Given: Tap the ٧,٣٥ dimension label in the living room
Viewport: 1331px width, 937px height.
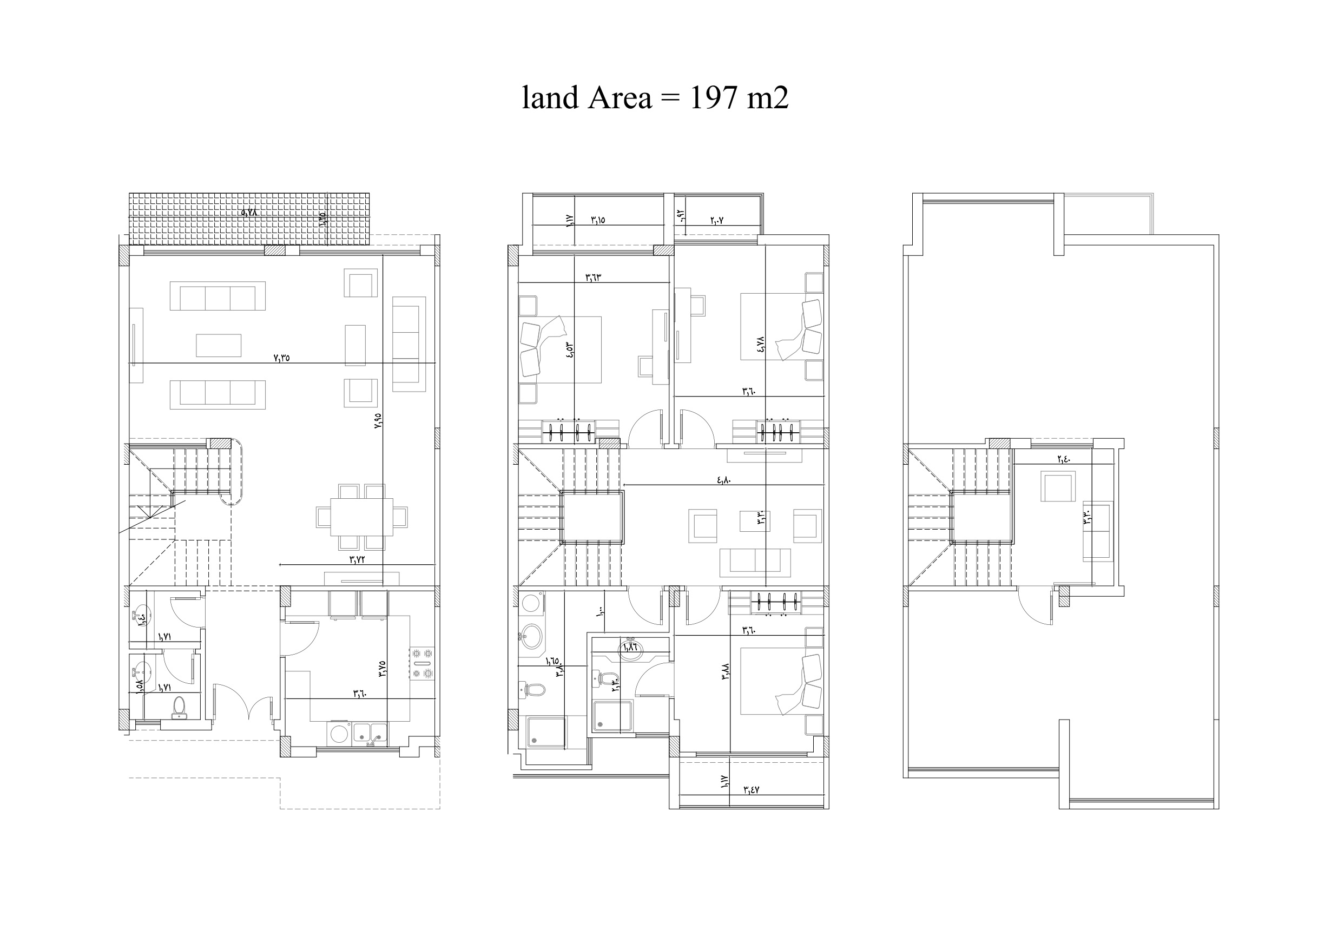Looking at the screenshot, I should pos(281,358).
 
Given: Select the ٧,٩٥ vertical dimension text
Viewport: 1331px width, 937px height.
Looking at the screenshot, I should pos(379,421).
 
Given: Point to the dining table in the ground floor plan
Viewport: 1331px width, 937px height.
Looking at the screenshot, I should pos(362,517).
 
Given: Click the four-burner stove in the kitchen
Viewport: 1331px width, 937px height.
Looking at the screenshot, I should pos(422,663).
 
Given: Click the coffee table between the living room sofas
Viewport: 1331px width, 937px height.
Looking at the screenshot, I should pos(219,345).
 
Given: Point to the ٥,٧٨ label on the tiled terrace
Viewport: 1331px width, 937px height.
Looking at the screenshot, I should pos(249,213).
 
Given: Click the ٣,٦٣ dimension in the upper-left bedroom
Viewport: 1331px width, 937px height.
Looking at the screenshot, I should pos(593,277).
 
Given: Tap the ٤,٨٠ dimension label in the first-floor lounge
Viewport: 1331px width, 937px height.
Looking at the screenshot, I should pos(724,479).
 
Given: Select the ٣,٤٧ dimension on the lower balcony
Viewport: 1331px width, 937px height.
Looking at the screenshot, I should pos(751,789).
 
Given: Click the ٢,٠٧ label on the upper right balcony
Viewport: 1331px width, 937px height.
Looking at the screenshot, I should pos(716,220).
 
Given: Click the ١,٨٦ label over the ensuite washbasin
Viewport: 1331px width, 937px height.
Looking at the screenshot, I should pos(631,647).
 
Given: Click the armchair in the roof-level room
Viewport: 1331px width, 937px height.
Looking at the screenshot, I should pos(1058,486).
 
